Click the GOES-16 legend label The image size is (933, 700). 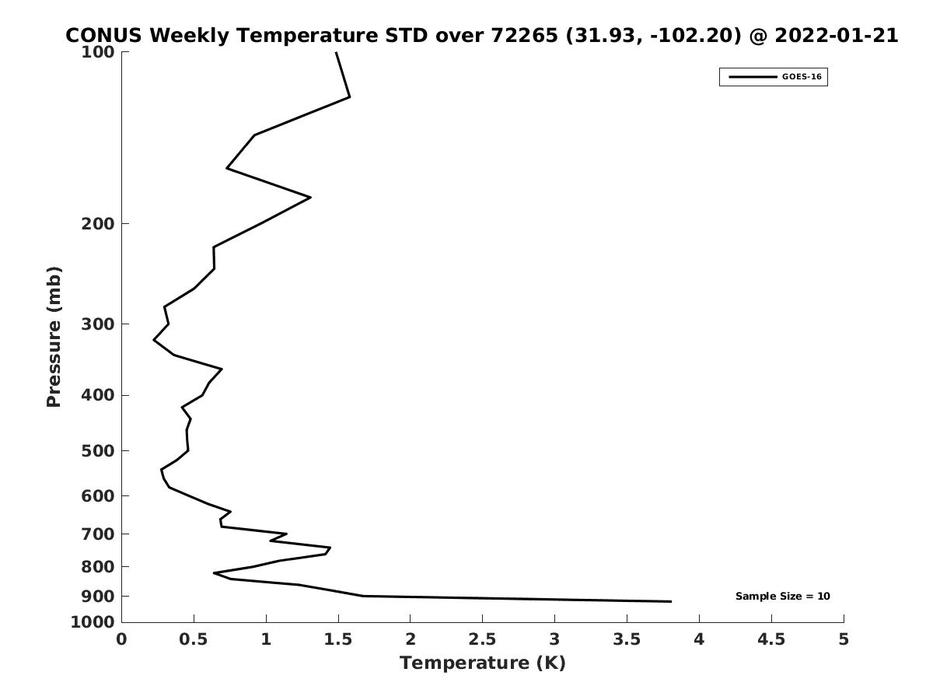tap(802, 77)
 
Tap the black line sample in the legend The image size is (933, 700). tap(753, 77)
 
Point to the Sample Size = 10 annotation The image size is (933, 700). tap(782, 597)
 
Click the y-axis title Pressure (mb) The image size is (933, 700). tap(54, 337)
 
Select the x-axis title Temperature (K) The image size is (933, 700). tap(482, 663)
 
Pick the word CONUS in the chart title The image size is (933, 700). tap(104, 36)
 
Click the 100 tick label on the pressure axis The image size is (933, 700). tap(99, 52)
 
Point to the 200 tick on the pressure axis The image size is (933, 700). tap(99, 224)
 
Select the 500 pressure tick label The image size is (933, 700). tap(99, 451)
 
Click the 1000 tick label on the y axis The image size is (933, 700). tap(94, 622)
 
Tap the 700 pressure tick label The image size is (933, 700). tap(99, 534)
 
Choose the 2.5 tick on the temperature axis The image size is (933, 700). tap(482, 639)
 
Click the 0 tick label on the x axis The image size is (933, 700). tap(122, 639)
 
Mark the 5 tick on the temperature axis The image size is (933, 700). tap(844, 639)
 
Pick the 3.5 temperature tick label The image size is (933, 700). tap(627, 639)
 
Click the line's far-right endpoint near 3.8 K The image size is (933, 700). tap(670, 601)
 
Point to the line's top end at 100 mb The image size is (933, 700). tap(336, 52)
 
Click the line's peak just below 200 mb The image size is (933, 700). tap(310, 198)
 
